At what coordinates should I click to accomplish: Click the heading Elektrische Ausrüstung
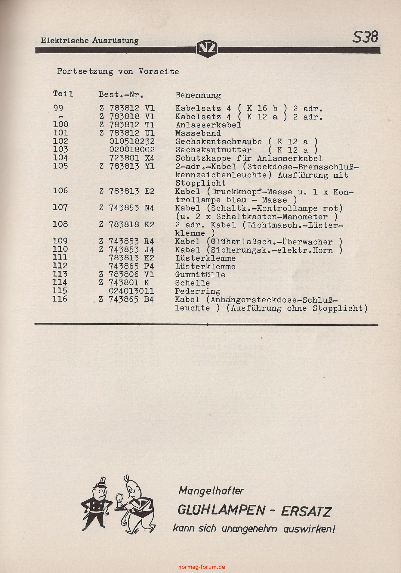[90, 41]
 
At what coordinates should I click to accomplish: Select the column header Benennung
[198, 95]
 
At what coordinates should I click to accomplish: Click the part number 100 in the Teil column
[60, 125]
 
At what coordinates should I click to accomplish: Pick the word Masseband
[198, 133]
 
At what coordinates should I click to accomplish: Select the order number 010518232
[132, 141]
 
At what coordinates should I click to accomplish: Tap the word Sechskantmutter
[214, 150]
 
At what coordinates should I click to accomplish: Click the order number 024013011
[132, 291]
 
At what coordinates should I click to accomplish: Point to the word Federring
[198, 291]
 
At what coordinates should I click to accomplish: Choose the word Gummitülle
[200, 275]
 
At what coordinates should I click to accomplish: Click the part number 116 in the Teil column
[60, 299]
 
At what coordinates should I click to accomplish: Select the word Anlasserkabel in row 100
[208, 125]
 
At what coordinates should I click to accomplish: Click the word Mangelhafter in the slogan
[211, 491]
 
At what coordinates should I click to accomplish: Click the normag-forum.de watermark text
[202, 567]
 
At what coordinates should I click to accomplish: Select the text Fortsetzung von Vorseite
[118, 72]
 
